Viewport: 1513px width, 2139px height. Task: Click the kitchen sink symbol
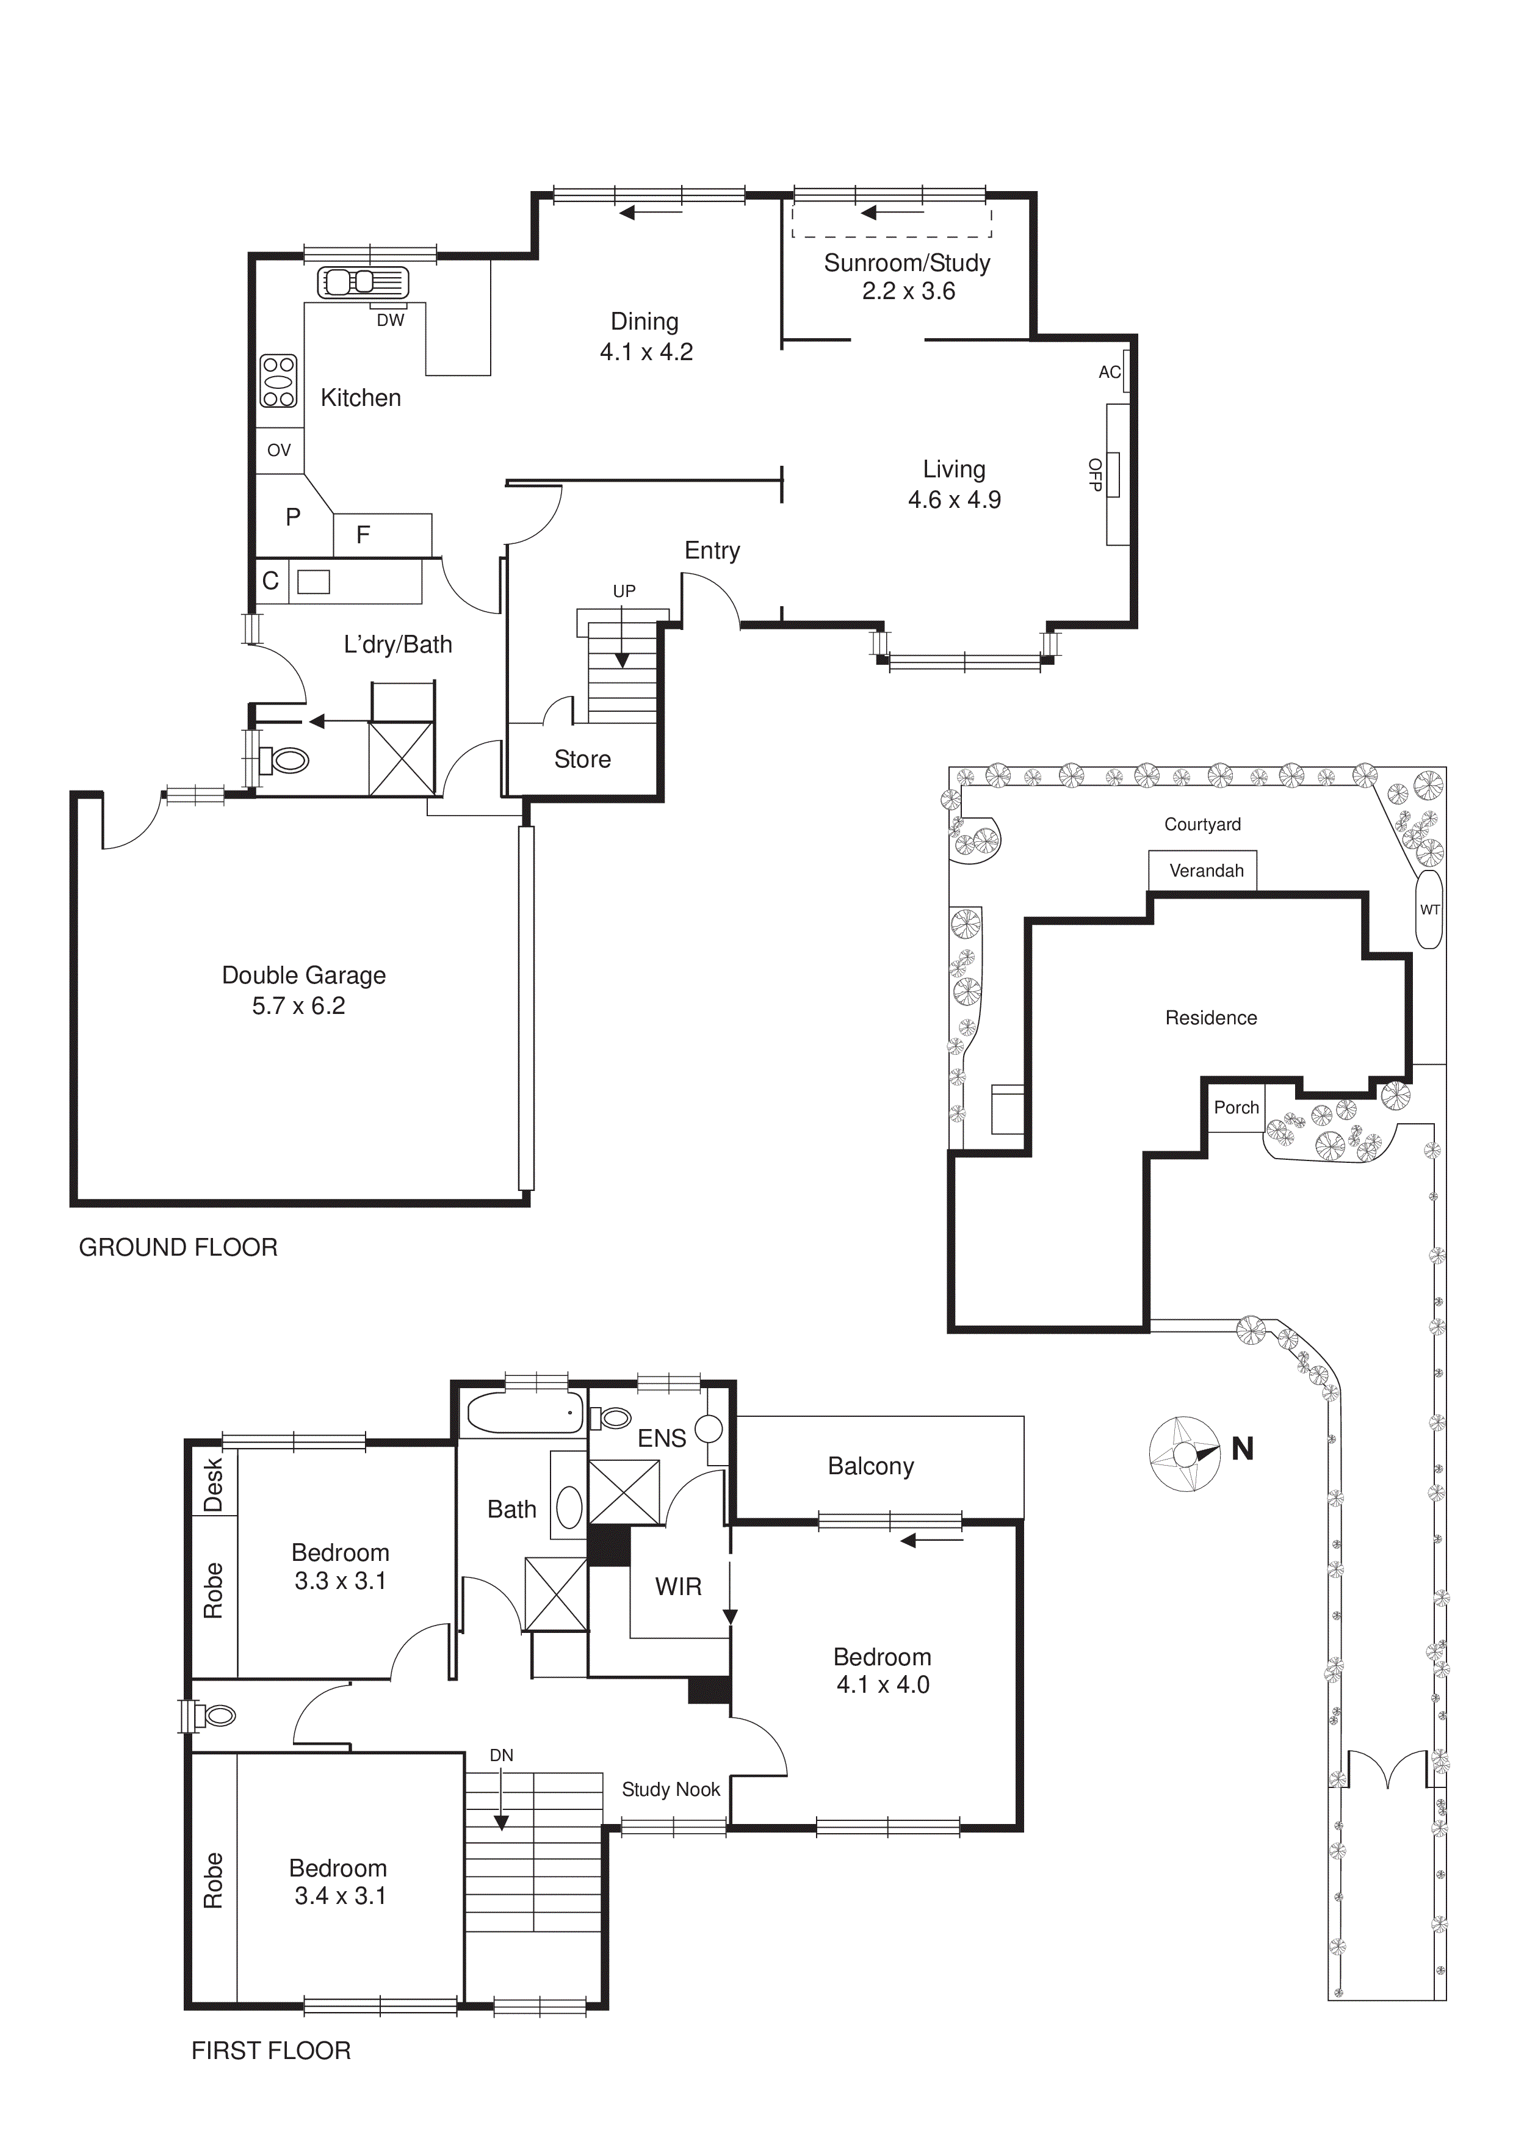click(363, 281)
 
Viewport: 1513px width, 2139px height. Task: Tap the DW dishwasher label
click(391, 320)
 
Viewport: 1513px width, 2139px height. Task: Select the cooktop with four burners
click(278, 381)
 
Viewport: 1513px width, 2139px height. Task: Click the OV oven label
click(278, 450)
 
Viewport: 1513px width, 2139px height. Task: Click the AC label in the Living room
click(1109, 372)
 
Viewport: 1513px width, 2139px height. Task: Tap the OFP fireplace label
click(1095, 474)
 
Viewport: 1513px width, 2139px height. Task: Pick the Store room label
click(582, 759)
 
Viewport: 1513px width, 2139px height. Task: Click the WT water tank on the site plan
click(1429, 910)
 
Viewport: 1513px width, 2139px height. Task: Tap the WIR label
click(678, 1587)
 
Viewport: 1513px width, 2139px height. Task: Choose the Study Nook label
click(671, 1790)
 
